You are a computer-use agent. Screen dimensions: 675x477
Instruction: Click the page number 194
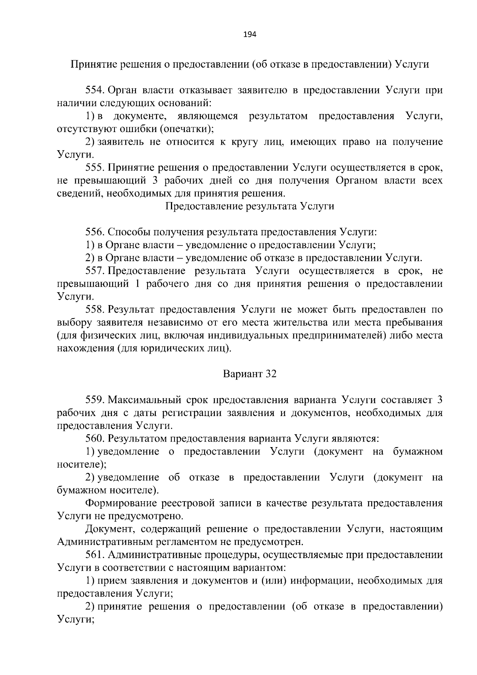250,34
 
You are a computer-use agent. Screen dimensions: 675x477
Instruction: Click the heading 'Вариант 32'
250,374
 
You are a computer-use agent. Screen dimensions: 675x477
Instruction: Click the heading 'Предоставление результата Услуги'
249,206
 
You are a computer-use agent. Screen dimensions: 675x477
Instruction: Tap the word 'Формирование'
122,503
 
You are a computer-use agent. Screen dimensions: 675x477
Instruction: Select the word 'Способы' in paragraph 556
127,232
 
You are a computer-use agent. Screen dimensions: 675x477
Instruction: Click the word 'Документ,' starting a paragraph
109,529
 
